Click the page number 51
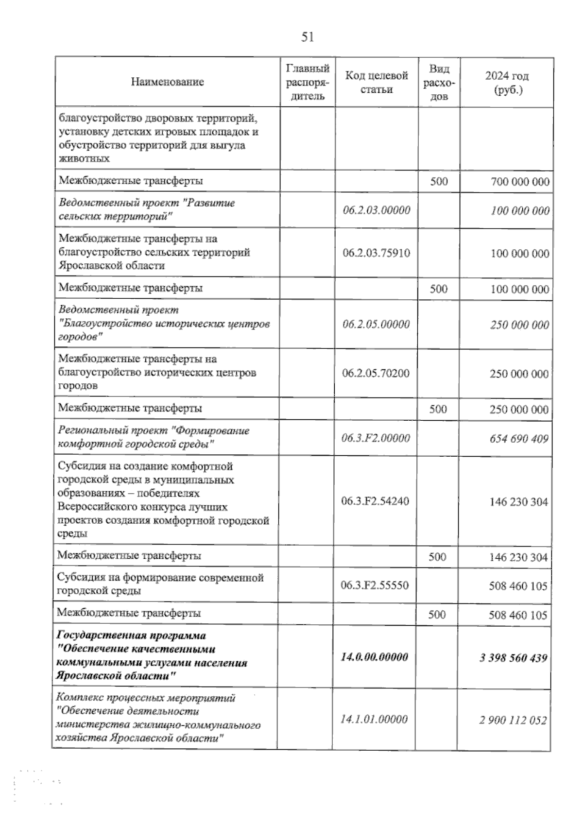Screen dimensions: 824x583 (308, 37)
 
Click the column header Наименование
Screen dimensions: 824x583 (167, 82)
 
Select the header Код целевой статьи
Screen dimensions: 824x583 (377, 82)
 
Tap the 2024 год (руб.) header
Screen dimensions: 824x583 (507, 83)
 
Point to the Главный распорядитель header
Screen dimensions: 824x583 (308, 82)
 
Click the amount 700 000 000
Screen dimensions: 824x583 (520, 182)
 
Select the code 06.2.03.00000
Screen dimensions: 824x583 (377, 210)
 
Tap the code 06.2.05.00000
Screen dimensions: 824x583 (376, 324)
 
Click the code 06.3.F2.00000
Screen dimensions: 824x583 (376, 438)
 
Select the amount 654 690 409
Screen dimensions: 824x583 (519, 439)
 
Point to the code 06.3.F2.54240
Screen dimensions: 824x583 (375, 501)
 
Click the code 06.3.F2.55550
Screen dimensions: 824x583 (375, 585)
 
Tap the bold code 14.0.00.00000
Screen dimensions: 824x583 (375, 657)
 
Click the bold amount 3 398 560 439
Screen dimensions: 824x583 (514, 658)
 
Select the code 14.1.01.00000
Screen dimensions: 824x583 (374, 719)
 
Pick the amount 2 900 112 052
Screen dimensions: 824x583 (513, 720)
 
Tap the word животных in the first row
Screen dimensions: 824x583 (84, 158)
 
